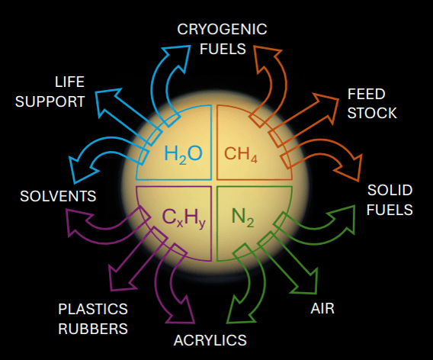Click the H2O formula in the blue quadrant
[x=184, y=154]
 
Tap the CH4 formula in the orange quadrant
[x=241, y=154]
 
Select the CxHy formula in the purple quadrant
[x=184, y=217]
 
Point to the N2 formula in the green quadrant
[x=242, y=217]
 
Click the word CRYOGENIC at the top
[x=222, y=29]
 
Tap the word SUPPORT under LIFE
[x=50, y=101]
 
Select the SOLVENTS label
[x=58, y=196]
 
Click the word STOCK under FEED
[x=372, y=113]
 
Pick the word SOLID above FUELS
[x=390, y=190]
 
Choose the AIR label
[x=322, y=308]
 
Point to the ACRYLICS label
[x=210, y=340]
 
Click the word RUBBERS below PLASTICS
[x=93, y=329]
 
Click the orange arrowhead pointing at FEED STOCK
[x=326, y=108]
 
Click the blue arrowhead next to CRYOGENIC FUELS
[x=177, y=57]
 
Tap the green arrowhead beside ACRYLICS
[x=241, y=310]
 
